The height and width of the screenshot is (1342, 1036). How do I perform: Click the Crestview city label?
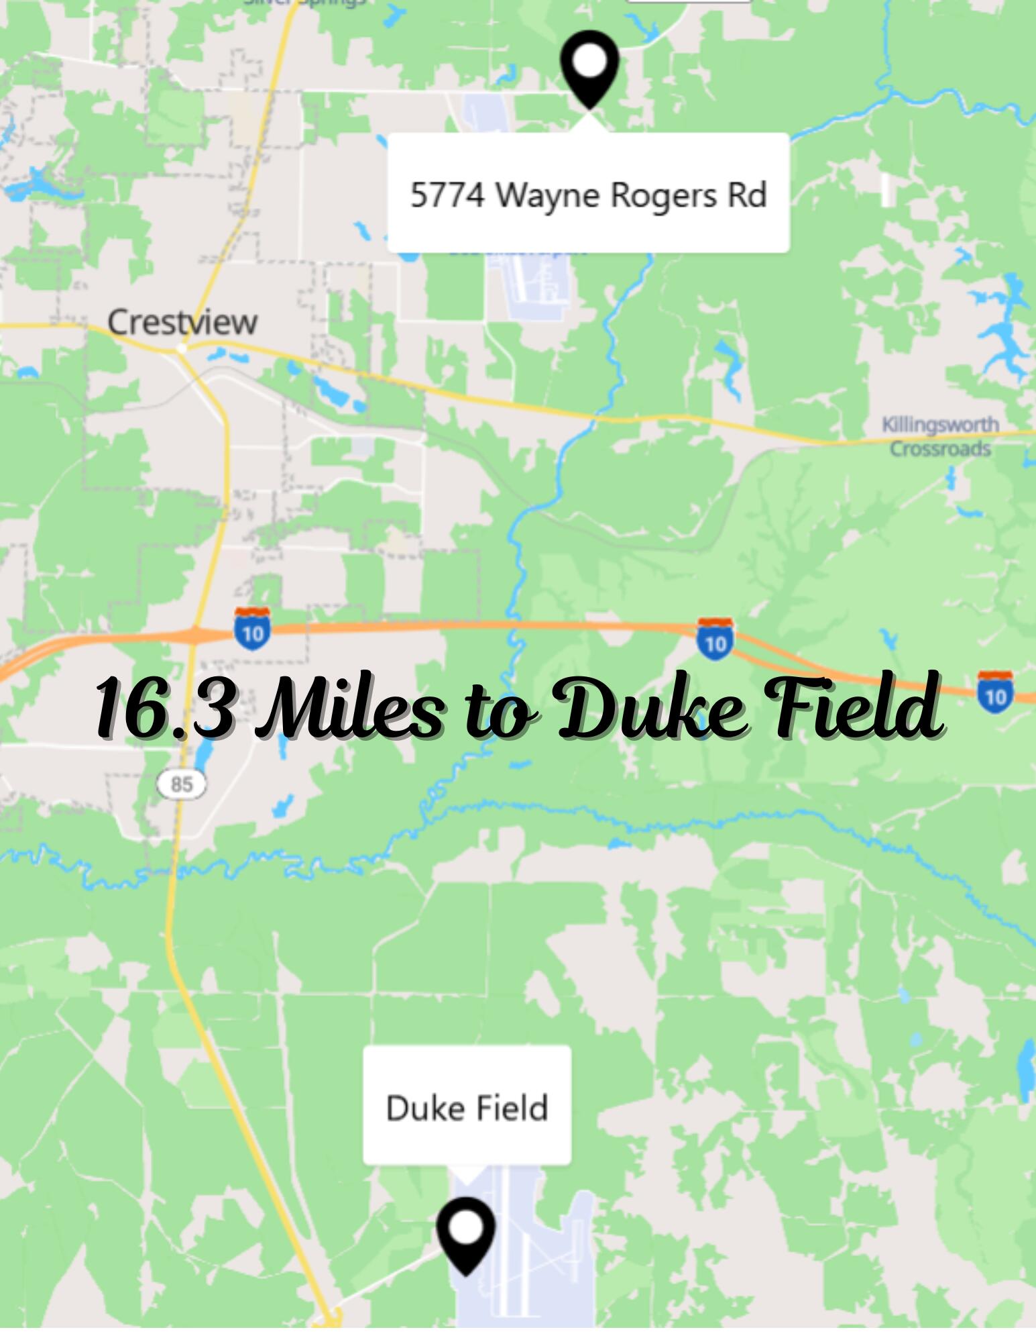click(182, 323)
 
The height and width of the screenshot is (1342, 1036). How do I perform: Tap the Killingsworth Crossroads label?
click(940, 437)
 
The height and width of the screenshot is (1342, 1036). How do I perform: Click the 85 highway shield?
click(182, 784)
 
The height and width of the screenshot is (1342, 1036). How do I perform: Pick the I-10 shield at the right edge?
click(995, 692)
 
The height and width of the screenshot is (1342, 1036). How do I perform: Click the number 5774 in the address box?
click(447, 195)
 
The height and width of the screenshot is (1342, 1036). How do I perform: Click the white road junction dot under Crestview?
click(181, 349)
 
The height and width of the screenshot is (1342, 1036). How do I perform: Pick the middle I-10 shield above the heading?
click(715, 639)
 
